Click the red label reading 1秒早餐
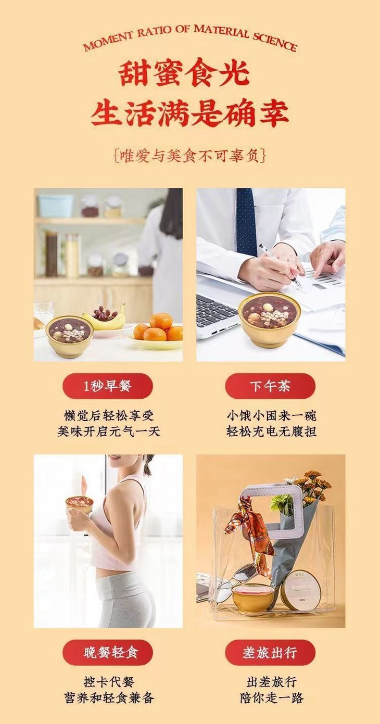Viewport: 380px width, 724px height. point(108,386)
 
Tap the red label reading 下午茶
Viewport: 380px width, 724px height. point(270,386)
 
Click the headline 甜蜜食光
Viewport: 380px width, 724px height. point(185,73)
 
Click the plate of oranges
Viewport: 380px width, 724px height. point(158,336)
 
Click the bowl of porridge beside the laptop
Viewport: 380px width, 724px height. point(269,313)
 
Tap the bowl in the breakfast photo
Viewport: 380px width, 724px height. point(70,335)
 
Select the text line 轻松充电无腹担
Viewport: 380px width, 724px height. point(271,431)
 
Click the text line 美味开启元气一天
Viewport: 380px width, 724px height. point(108,431)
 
